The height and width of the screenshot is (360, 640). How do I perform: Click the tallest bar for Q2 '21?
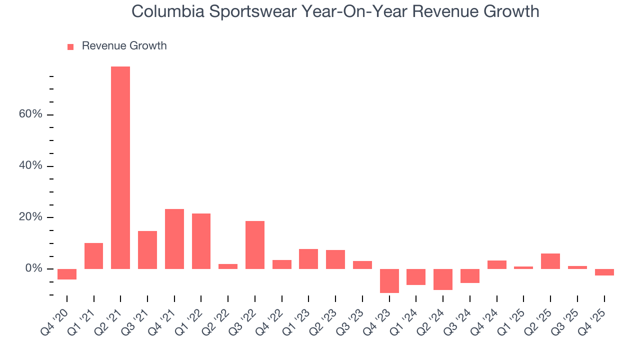coord(120,167)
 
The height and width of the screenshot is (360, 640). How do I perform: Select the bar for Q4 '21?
coord(174,239)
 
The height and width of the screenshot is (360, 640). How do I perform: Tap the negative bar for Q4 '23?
coord(389,281)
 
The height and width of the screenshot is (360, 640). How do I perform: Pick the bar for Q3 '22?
coord(255,245)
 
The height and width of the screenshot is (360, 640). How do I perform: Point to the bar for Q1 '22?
coord(201,241)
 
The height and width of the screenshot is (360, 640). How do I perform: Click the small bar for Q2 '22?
coord(228,266)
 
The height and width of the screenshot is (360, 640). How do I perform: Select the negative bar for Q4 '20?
coord(67,274)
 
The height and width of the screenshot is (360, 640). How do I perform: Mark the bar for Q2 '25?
coord(550,261)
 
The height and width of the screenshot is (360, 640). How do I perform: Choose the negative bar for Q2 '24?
coord(443,279)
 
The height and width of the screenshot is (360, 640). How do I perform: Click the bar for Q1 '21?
coord(94,256)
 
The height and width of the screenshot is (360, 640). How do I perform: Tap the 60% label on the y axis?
coord(31,114)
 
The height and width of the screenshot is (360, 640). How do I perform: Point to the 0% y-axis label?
coord(34,269)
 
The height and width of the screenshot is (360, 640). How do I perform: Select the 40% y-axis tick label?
coord(31,166)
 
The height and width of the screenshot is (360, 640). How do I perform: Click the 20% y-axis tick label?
coord(31,217)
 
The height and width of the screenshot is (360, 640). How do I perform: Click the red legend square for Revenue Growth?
coord(70,46)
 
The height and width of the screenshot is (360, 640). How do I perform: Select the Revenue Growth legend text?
coord(124,46)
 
